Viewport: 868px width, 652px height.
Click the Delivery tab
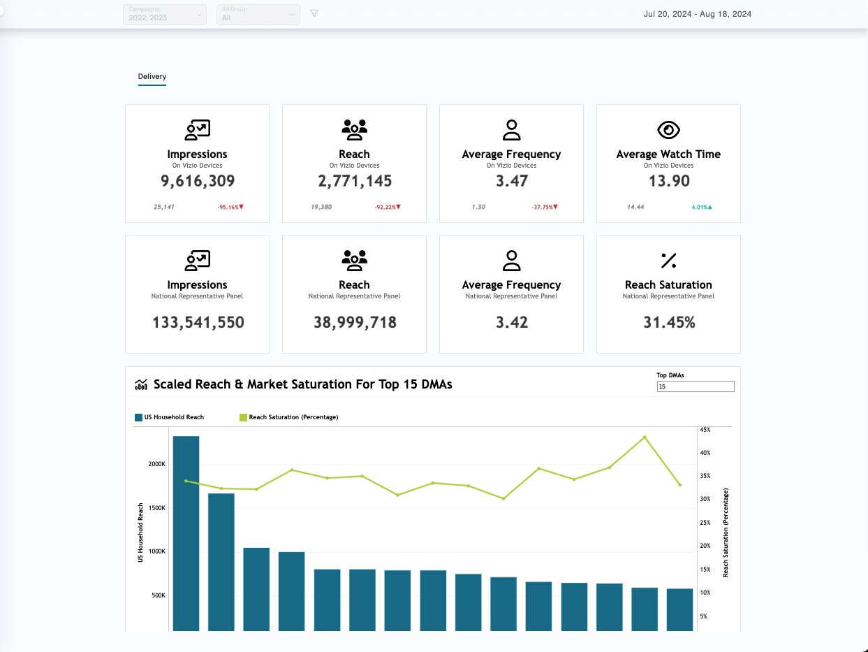(x=152, y=76)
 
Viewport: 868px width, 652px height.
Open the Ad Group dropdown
(x=258, y=14)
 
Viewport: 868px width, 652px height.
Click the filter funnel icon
(x=314, y=13)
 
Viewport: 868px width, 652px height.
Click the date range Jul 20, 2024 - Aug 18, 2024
(x=697, y=14)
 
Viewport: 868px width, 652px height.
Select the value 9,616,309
(x=197, y=181)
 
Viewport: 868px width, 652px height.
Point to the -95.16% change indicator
(x=230, y=208)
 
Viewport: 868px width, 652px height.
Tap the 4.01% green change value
(x=701, y=208)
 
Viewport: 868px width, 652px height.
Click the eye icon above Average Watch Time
(x=668, y=130)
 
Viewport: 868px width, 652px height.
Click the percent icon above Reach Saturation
(x=668, y=261)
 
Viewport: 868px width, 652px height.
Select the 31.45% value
(x=668, y=322)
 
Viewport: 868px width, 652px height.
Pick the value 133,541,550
(x=198, y=322)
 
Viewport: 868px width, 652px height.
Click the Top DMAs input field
(x=695, y=386)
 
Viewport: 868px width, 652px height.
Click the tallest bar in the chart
(x=186, y=531)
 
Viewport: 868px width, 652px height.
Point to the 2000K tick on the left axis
(x=156, y=464)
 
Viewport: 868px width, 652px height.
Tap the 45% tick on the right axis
(x=705, y=430)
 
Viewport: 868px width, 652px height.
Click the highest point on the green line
(x=645, y=437)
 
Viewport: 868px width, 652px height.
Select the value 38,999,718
(x=355, y=322)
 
